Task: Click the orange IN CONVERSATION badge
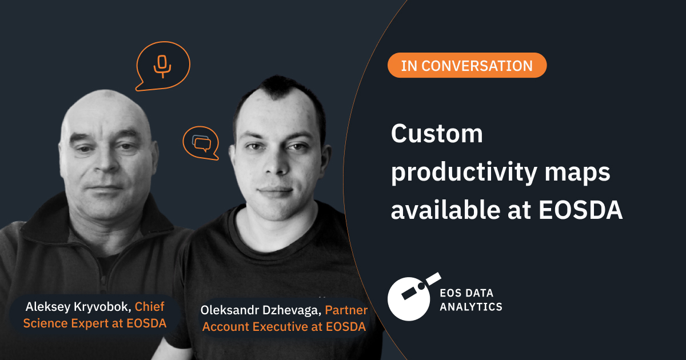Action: [467, 65]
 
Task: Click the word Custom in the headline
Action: [437, 134]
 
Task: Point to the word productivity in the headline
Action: [466, 173]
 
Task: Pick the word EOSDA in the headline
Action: [580, 211]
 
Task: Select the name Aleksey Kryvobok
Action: [78, 307]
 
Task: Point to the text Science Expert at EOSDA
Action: [95, 324]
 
